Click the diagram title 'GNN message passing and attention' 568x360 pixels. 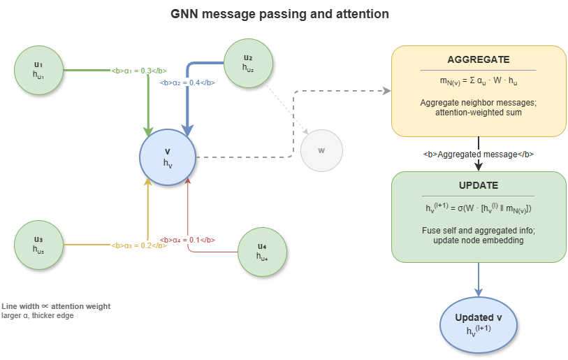click(280, 13)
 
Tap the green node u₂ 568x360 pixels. click(247, 62)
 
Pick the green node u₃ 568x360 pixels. click(39, 242)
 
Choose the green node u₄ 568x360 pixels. click(262, 251)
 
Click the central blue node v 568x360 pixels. click(167, 157)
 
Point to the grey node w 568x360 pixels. click(321, 150)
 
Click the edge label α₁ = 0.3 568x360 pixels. click(140, 71)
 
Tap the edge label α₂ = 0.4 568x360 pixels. click(187, 82)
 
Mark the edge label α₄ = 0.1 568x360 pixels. click(187, 239)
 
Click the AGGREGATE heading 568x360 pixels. click(478, 59)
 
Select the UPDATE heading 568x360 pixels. click(478, 185)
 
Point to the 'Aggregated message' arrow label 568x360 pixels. click(479, 154)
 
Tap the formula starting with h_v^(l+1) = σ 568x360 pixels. click(478, 208)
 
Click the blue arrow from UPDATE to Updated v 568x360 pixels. click(479, 280)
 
